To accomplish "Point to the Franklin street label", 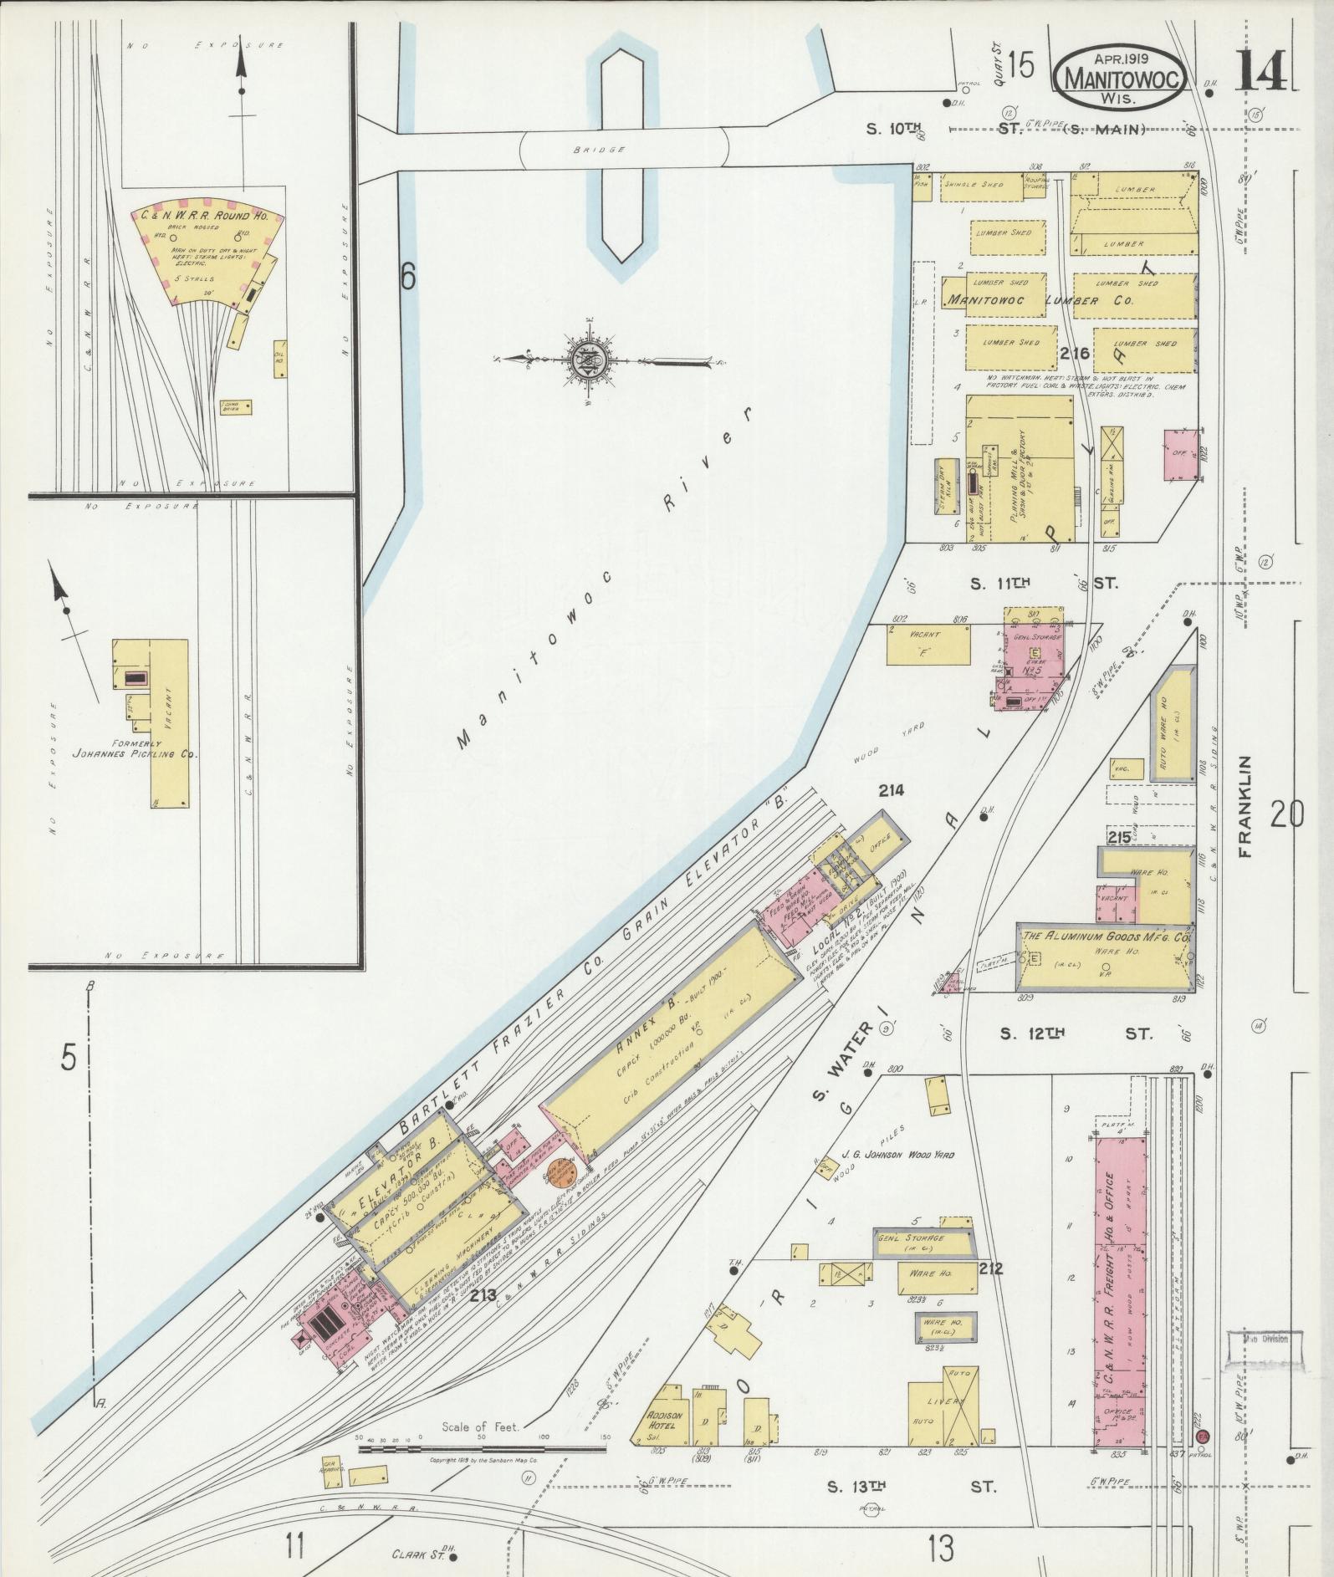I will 1246,806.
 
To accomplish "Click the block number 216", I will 1075,353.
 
